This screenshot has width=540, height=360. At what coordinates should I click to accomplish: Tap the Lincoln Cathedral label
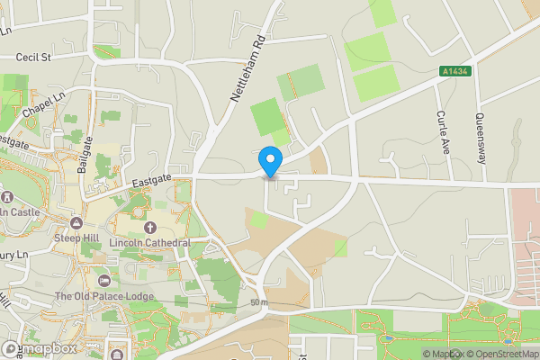tap(149, 243)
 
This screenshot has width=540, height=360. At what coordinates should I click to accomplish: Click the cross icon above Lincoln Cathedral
tap(149, 228)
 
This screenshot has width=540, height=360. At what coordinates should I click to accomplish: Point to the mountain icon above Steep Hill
tap(77, 222)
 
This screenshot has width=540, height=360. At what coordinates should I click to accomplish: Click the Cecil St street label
tap(36, 57)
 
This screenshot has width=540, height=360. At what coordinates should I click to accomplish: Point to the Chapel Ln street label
tap(44, 103)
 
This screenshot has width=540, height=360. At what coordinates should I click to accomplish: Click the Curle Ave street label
tap(442, 131)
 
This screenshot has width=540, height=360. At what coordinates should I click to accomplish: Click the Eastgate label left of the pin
tap(151, 181)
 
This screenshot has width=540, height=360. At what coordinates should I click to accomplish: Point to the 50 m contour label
tap(259, 302)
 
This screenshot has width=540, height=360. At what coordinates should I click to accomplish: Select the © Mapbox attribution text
tap(442, 354)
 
